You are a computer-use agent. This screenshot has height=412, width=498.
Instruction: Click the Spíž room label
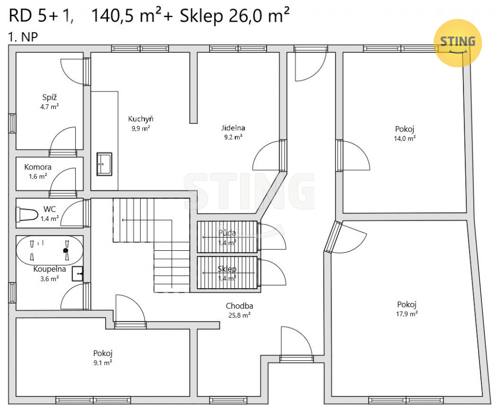click(x=50, y=97)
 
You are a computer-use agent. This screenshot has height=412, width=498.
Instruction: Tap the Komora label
click(x=38, y=167)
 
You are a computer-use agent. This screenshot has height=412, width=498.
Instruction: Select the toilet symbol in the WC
click(x=27, y=214)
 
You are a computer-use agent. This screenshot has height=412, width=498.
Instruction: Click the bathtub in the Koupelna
click(x=50, y=250)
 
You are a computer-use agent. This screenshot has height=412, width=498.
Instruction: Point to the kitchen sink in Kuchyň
click(x=104, y=164)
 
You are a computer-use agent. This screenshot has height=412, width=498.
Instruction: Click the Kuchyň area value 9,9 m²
click(x=141, y=129)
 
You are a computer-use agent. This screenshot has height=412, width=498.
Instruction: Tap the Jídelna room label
click(x=233, y=128)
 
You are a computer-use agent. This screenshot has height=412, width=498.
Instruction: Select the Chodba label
click(x=239, y=306)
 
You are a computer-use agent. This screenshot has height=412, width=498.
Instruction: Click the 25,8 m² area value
click(x=239, y=315)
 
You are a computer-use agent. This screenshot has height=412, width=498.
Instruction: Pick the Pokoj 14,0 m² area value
click(x=405, y=138)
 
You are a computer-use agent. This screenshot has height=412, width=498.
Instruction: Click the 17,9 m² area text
click(x=407, y=314)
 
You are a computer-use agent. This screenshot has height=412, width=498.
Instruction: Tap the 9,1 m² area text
click(x=103, y=363)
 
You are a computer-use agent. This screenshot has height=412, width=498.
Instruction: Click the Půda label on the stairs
click(x=227, y=233)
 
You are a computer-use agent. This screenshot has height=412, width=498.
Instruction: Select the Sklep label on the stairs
click(x=227, y=269)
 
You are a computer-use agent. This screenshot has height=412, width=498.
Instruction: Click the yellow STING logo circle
click(x=458, y=43)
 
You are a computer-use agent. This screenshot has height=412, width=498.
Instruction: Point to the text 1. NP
click(x=23, y=37)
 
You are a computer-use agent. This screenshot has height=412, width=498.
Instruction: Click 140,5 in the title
click(x=112, y=16)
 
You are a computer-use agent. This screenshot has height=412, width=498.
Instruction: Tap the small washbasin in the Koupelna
click(x=77, y=274)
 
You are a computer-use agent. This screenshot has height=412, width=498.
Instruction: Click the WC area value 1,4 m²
click(x=50, y=219)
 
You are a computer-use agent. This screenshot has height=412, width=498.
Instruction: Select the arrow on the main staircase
click(x=147, y=220)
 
